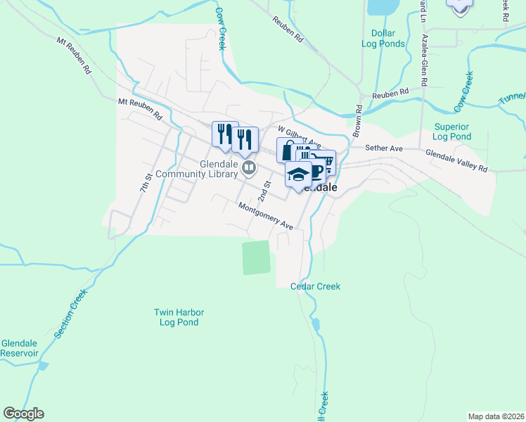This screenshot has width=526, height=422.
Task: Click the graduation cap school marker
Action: coord(298,174)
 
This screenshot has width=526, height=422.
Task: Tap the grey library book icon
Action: coord(248,168)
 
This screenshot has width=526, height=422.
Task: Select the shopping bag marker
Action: coord(287,150)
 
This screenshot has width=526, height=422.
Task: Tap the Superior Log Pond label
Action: coord(451,132)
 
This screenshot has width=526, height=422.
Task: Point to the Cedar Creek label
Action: coord(316,286)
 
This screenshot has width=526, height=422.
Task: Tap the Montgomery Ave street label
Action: coord(265,216)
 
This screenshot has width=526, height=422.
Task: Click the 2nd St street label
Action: coord(264,190)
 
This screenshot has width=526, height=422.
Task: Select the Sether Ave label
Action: coord(384,148)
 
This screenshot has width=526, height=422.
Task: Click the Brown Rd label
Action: coord(357,121)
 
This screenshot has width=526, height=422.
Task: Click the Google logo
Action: coord(23,414)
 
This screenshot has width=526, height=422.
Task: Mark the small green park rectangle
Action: coord(256,257)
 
